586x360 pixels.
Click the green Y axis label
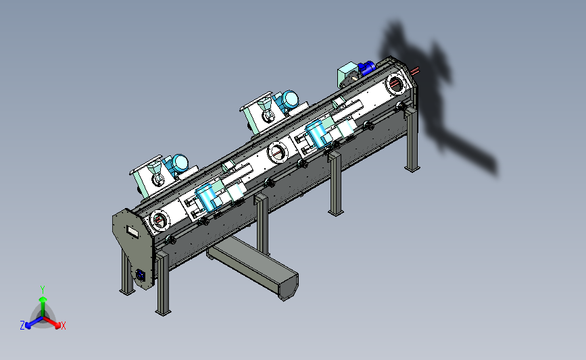[43, 290]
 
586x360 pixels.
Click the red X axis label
[63, 326]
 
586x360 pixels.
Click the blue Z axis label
[22, 326]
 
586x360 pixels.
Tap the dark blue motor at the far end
[366, 68]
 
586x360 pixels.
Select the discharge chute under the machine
[253, 267]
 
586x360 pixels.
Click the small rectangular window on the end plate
[132, 232]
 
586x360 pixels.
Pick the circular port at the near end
[160, 220]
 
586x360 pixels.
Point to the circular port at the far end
[396, 84]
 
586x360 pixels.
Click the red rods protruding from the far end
[414, 70]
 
